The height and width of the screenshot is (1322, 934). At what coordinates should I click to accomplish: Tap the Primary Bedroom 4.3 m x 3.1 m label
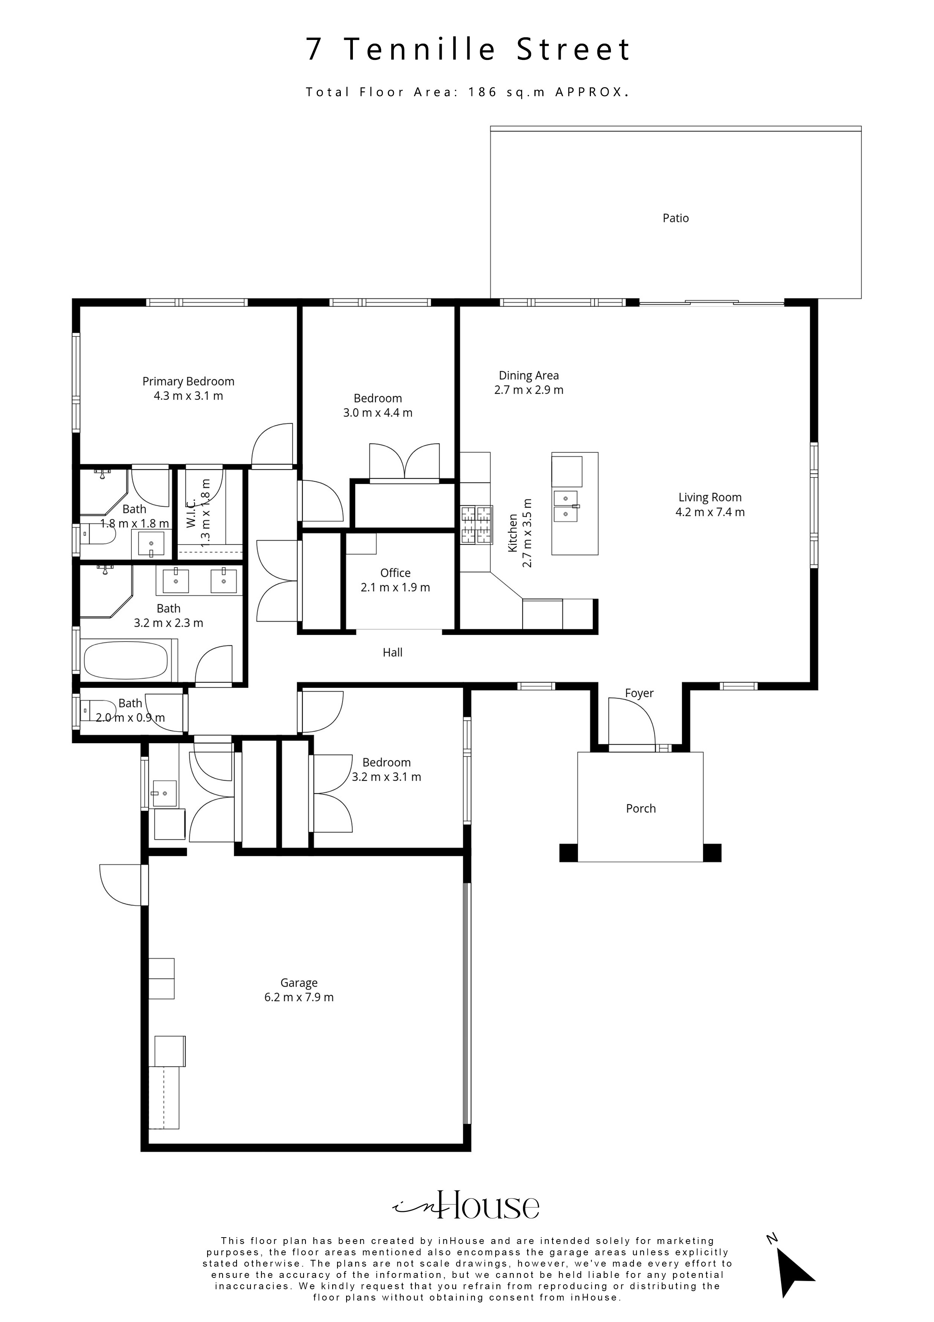(x=188, y=389)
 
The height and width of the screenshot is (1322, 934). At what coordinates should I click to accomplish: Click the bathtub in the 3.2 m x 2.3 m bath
(x=126, y=660)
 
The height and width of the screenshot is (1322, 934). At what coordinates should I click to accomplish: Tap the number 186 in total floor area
(x=482, y=92)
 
